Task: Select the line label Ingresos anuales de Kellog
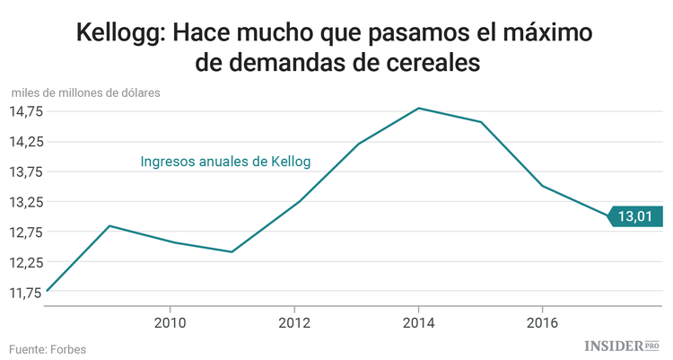click(225, 162)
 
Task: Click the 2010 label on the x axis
click(170, 322)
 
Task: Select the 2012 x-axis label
click(294, 322)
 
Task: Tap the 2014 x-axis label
click(418, 322)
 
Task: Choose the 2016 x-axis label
click(542, 322)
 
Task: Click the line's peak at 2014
click(418, 109)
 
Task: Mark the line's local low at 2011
click(232, 251)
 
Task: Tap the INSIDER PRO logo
click(622, 346)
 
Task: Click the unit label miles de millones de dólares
click(86, 92)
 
